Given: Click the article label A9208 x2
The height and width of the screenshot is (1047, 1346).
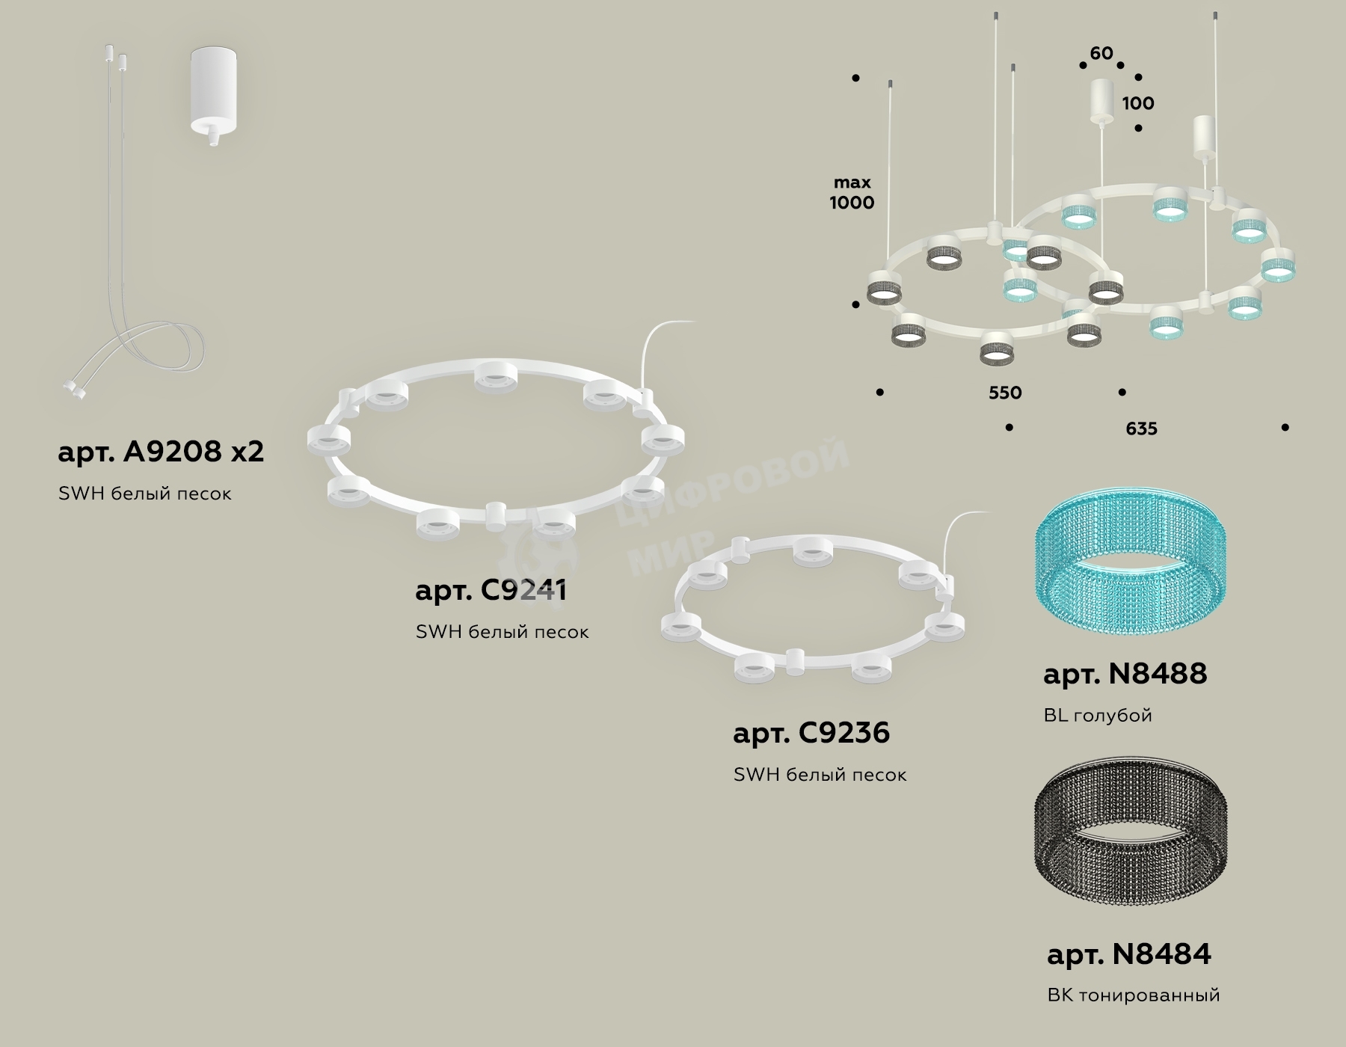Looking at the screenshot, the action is pyautogui.click(x=161, y=452).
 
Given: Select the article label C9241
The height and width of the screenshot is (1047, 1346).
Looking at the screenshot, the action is pyautogui.click(x=491, y=590).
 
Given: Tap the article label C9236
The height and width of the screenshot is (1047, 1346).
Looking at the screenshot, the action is pyautogui.click(x=811, y=732).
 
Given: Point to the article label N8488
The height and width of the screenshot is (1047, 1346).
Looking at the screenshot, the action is pyautogui.click(x=1125, y=674).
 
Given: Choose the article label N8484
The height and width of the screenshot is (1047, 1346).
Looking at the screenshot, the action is pyautogui.click(x=1129, y=954).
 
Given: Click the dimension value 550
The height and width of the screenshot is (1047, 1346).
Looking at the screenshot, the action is pyautogui.click(x=1005, y=393).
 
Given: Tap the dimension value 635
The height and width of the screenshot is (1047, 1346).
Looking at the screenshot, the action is pyautogui.click(x=1141, y=429).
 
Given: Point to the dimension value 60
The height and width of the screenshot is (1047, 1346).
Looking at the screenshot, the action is pyautogui.click(x=1101, y=54).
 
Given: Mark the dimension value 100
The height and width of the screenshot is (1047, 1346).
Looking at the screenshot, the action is pyautogui.click(x=1138, y=103).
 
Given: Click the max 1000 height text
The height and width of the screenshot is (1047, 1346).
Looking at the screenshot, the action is pyautogui.click(x=852, y=192).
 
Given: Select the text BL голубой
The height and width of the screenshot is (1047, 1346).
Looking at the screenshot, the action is pyautogui.click(x=1098, y=716).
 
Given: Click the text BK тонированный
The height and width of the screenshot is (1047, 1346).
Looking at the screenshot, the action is pyautogui.click(x=1134, y=995).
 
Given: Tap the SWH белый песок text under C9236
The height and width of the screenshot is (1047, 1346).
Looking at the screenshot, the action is pyautogui.click(x=820, y=775).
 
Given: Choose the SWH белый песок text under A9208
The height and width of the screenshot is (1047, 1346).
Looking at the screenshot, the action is pyautogui.click(x=145, y=494).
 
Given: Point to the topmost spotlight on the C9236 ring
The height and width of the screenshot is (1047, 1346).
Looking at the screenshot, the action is pyautogui.click(x=813, y=550).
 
